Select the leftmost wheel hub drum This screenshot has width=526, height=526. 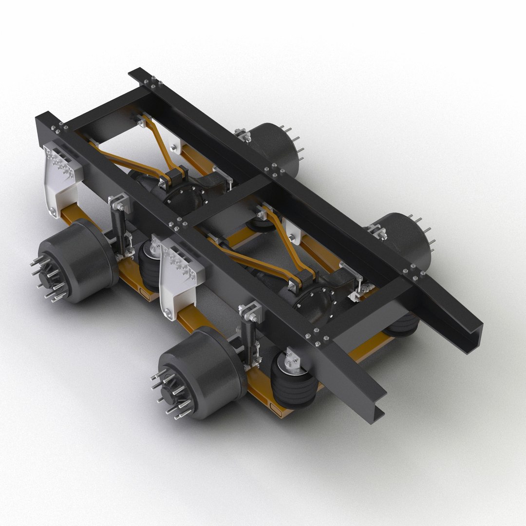click(78, 261)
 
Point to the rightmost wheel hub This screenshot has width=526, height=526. click(404, 239)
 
